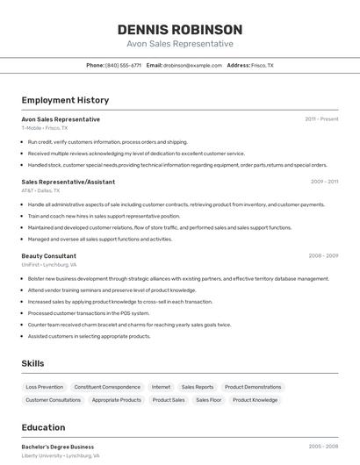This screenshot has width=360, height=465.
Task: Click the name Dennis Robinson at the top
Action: [179, 30]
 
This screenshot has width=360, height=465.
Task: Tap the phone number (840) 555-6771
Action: [123, 65]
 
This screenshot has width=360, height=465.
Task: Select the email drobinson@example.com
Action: [192, 65]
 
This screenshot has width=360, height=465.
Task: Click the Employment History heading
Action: [65, 100]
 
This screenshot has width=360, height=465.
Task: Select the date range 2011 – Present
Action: [321, 118]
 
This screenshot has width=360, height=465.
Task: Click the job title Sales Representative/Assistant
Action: [68, 182]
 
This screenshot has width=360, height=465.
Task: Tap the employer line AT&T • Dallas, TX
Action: [40, 190]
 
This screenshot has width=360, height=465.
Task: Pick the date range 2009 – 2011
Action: [324, 182]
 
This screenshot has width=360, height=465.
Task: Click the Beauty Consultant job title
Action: [48, 256]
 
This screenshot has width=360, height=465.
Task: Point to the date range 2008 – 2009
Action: [323, 256]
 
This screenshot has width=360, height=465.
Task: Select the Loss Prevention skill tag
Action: [44, 387]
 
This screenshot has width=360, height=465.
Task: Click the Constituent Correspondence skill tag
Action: [107, 387]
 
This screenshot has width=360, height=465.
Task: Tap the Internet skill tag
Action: [161, 387]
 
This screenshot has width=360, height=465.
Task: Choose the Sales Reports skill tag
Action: [198, 387]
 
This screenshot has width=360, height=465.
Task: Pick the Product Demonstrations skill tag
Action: [252, 387]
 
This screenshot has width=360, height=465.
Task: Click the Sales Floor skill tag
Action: [208, 400]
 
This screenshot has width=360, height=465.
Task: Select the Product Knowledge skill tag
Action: [255, 400]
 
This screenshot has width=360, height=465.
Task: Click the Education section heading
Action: [43, 428]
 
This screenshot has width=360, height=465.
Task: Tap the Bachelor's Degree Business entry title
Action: [57, 447]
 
